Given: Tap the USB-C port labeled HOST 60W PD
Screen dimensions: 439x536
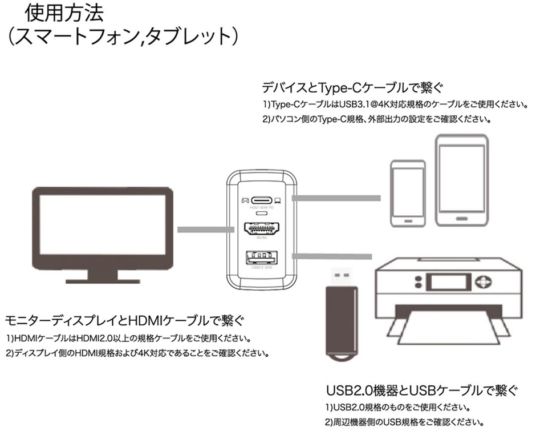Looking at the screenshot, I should tap(263, 200).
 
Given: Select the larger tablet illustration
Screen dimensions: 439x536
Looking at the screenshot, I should tap(462, 180).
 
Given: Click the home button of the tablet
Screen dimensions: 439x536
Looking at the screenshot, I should tap(462, 218).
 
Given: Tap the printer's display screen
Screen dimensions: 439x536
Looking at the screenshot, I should tap(449, 284).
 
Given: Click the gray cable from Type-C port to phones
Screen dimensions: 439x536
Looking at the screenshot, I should tap(336, 198).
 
